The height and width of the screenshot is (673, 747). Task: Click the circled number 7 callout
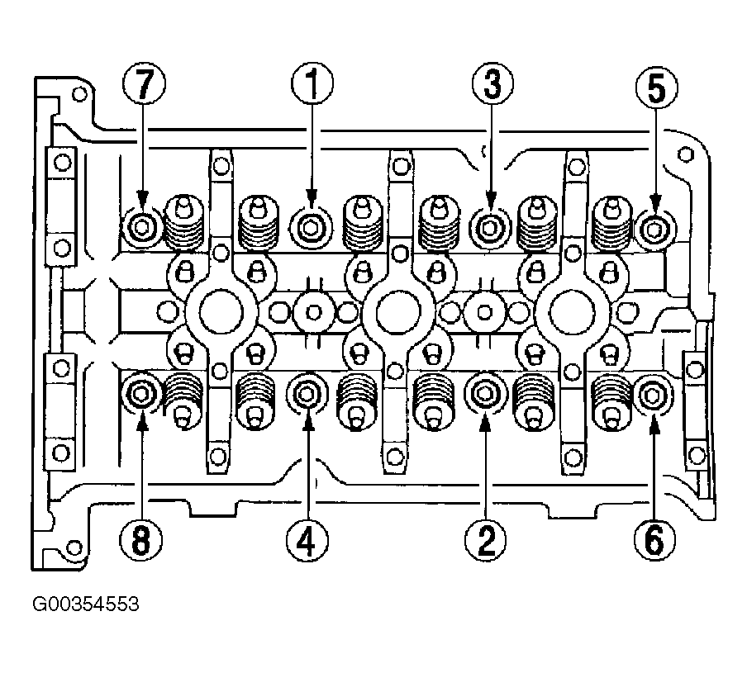click(x=144, y=83)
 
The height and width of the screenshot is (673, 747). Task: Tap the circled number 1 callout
click(x=312, y=83)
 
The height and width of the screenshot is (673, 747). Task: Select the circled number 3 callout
click(x=492, y=83)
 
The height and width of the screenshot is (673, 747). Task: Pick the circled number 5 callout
click(x=656, y=88)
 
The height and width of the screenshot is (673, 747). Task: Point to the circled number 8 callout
click(x=141, y=540)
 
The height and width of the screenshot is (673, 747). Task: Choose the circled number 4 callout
click(x=307, y=540)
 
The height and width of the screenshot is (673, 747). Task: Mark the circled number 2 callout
click(x=486, y=540)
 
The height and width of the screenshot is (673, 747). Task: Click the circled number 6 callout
click(x=654, y=540)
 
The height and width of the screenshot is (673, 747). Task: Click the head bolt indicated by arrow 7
click(x=141, y=229)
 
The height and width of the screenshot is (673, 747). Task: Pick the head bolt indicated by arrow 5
click(x=655, y=230)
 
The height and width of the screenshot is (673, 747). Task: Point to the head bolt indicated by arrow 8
click(x=141, y=394)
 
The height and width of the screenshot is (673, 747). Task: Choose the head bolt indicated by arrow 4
click(x=307, y=394)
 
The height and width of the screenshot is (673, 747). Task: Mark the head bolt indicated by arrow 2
click(x=485, y=394)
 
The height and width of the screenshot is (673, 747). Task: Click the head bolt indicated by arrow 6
click(x=653, y=395)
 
